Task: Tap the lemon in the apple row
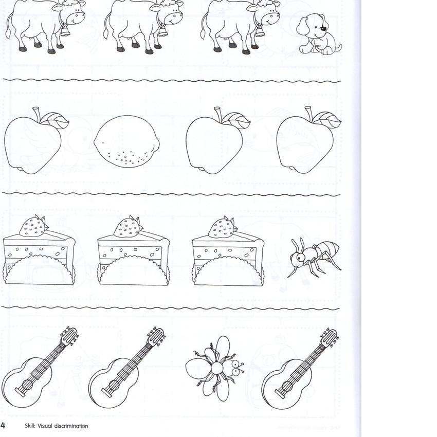(x=127, y=141)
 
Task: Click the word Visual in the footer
(x=45, y=426)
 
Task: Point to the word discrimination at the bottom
(x=71, y=426)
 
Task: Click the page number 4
(x=3, y=425)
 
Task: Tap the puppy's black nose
(x=323, y=28)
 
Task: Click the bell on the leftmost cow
(x=65, y=31)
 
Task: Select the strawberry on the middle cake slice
(x=128, y=226)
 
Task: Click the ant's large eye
(x=300, y=257)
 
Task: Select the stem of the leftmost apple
(x=36, y=114)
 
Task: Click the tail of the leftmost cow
(x=9, y=26)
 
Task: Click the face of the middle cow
(x=173, y=16)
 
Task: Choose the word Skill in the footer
(x=30, y=426)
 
